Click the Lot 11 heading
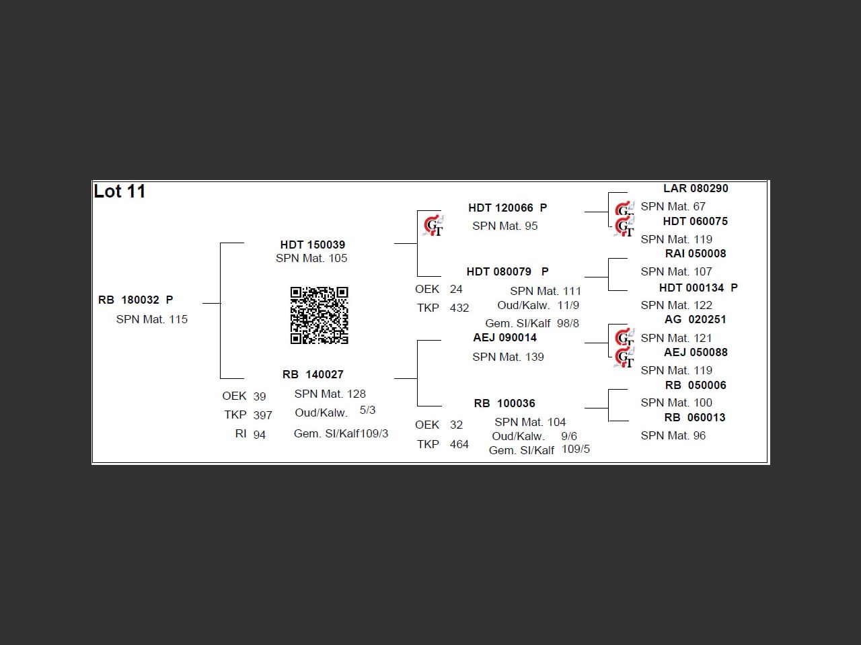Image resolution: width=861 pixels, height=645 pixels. [x=120, y=191]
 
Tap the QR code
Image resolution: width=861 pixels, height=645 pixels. [x=319, y=315]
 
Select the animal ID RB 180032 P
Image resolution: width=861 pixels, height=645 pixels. [x=135, y=300]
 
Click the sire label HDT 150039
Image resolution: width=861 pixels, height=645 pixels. [x=312, y=245]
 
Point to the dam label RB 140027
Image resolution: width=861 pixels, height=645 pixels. [x=313, y=374]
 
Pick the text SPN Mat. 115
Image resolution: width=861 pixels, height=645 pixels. [x=151, y=319]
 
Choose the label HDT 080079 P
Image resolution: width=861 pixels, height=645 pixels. [x=507, y=271]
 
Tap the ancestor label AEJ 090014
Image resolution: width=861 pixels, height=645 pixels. [x=504, y=337]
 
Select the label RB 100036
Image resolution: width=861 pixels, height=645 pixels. [x=504, y=403]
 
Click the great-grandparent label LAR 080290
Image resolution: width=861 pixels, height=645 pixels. [x=696, y=189]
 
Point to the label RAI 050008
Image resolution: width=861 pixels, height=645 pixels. [x=696, y=253]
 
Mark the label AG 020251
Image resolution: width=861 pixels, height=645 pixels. [x=696, y=319]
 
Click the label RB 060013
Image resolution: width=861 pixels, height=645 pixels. [x=695, y=417]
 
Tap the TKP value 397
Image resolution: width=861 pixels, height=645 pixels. [x=262, y=415]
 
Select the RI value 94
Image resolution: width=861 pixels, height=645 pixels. [x=259, y=435]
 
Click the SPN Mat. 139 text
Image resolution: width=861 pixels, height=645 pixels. [x=508, y=357]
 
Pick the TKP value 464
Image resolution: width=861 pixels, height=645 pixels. [x=459, y=444]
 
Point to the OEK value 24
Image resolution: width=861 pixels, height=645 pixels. [x=456, y=289]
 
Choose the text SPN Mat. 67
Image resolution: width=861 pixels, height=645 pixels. [x=673, y=206]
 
